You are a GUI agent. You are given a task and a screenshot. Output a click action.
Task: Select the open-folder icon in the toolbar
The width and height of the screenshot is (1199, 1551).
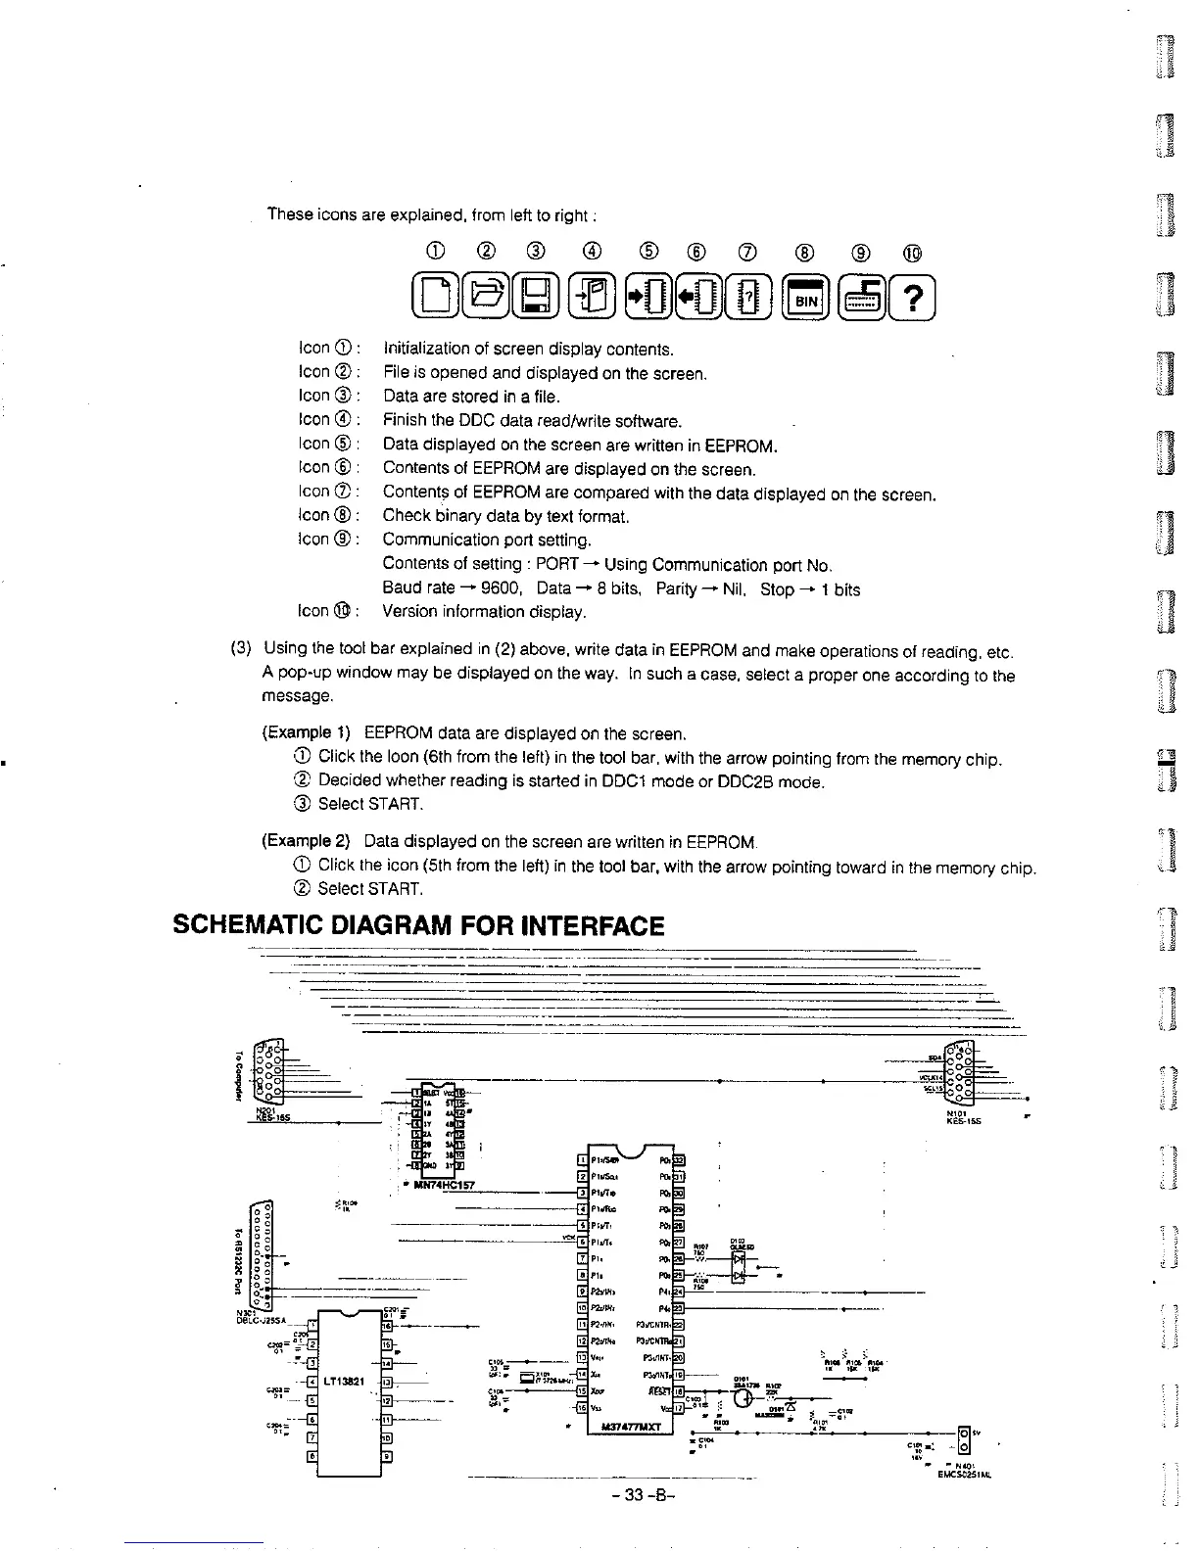click(x=486, y=299)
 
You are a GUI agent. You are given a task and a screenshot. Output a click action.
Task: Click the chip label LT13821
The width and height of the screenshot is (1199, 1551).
click(x=345, y=1382)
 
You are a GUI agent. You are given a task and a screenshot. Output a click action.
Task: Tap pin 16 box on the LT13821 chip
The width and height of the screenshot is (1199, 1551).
click(x=386, y=1325)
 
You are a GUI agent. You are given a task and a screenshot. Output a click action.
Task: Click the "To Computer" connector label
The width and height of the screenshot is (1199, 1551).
click(x=238, y=1073)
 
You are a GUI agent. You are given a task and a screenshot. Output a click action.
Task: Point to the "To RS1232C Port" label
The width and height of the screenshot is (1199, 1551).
click(x=239, y=1257)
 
